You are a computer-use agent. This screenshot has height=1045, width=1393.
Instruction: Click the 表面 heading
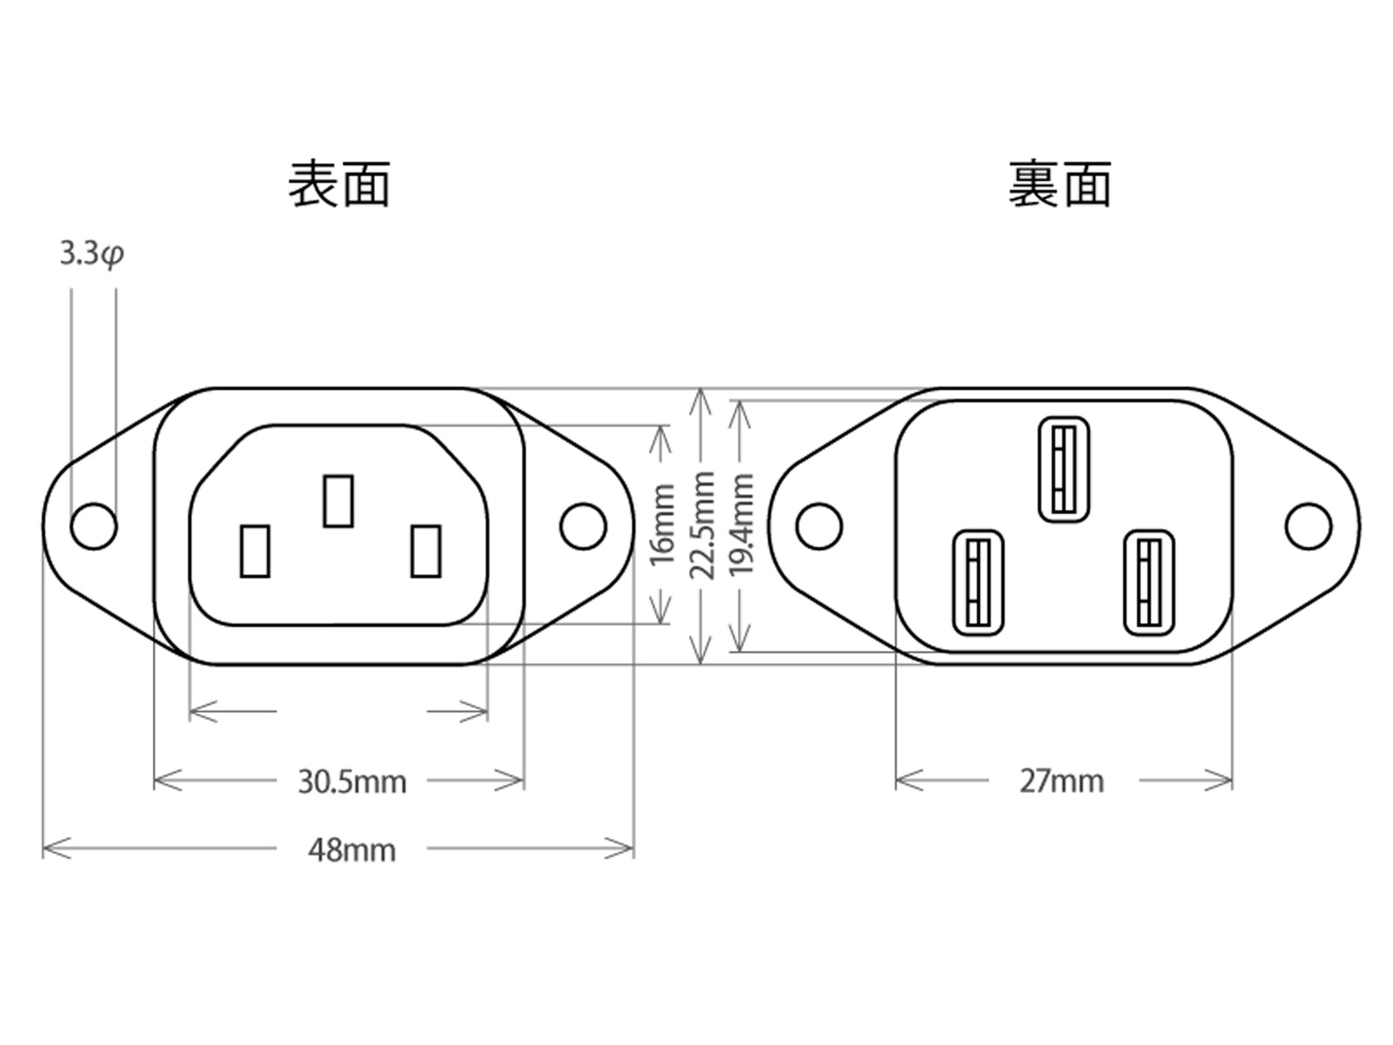(x=339, y=184)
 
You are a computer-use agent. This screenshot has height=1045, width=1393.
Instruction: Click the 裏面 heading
(x=1060, y=184)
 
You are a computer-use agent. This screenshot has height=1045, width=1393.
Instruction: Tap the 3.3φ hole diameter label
(x=91, y=254)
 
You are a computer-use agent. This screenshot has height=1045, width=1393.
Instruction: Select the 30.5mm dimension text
(x=352, y=781)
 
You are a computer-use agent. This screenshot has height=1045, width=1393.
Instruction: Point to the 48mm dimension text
(x=352, y=849)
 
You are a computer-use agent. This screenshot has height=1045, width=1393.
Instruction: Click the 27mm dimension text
(x=1061, y=781)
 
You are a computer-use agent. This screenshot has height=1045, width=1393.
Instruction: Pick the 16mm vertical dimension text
(x=663, y=524)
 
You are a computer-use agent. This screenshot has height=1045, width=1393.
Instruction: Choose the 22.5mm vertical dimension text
(x=702, y=524)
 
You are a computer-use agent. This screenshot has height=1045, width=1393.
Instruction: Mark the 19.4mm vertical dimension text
(x=741, y=524)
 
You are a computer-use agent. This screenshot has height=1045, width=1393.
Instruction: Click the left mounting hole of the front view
(x=93, y=526)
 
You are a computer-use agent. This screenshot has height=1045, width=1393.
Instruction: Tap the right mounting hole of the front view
(x=583, y=526)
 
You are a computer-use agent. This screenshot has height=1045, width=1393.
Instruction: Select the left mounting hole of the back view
(x=819, y=526)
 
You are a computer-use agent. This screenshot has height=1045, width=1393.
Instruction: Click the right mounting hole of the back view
(x=1309, y=526)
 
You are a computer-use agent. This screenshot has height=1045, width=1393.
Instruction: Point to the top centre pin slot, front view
(x=338, y=501)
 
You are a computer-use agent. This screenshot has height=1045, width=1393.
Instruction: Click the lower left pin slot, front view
(x=254, y=550)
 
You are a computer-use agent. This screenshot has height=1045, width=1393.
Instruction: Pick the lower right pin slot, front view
(x=425, y=550)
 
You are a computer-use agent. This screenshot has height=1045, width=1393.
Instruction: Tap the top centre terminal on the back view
(x=1063, y=469)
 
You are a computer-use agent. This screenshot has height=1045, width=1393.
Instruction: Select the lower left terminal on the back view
(x=979, y=583)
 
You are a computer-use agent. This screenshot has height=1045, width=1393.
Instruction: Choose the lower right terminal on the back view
(x=1148, y=583)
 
